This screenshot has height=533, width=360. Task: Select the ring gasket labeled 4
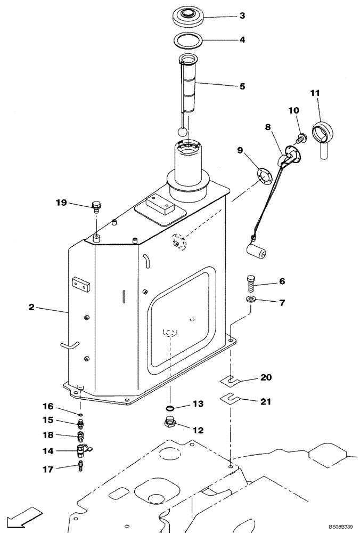(188, 39)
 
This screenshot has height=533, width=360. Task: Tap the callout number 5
(242, 85)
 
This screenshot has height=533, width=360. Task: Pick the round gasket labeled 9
(263, 175)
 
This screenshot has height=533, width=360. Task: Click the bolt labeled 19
(96, 205)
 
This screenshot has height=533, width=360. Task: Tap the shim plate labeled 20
(231, 380)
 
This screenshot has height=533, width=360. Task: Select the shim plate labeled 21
(231, 398)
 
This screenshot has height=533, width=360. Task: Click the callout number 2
(31, 308)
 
